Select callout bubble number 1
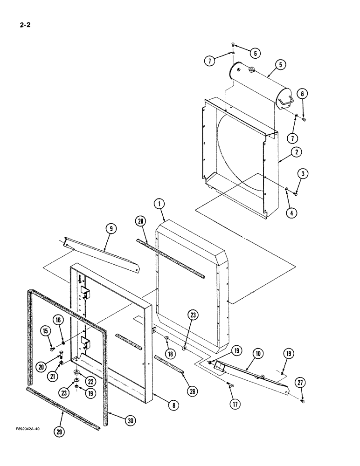coord(160,204)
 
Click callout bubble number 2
coord(297,151)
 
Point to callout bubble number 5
coord(280,66)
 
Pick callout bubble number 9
coord(111,229)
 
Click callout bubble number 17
coord(235,404)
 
